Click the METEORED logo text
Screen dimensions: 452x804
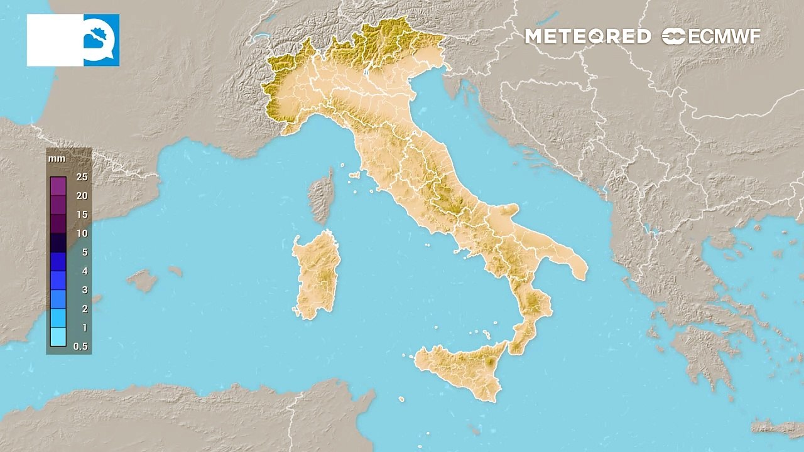[587, 36]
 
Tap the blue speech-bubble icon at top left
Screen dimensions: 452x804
[100, 40]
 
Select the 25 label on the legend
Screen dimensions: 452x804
[82, 177]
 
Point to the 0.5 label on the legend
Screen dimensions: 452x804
[80, 347]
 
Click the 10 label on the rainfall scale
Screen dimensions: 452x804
[82, 234]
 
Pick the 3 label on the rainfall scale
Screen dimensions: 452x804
[84, 290]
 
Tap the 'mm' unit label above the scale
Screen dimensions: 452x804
[57, 158]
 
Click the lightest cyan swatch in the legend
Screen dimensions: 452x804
[58, 337]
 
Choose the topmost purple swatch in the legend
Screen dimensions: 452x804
[58, 186]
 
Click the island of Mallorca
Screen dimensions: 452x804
[143, 280]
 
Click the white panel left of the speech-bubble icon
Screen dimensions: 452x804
[55, 40]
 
